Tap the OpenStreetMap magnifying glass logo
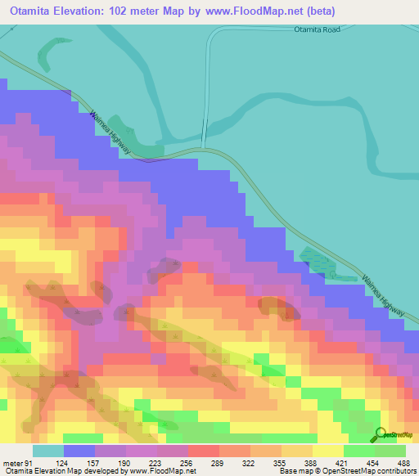pyautogui.click(x=381, y=433)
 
